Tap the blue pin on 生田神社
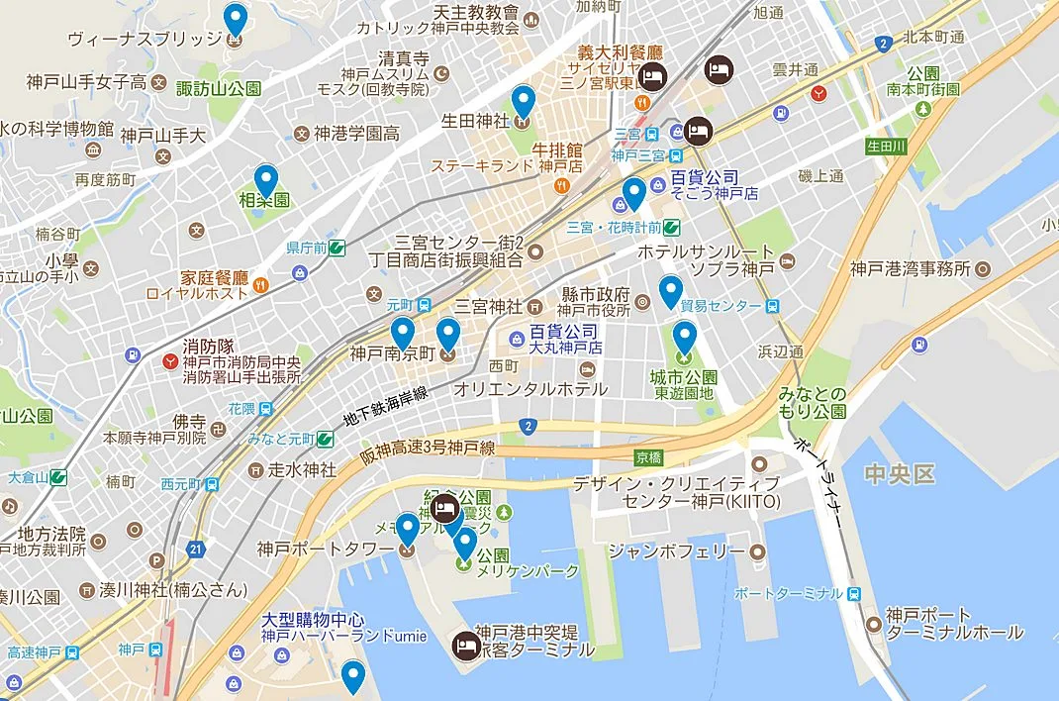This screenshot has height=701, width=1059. pos(524,101)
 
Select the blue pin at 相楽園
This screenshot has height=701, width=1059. pos(265,180)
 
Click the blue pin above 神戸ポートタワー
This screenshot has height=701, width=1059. pos(407,529)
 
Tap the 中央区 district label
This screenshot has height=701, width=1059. pos(898,474)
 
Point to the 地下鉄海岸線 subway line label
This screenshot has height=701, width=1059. pos(385,408)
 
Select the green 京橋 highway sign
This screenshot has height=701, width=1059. pos(648,457)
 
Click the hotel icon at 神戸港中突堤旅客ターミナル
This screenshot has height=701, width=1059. pos(463,645)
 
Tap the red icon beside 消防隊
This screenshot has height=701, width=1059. pos(169,360)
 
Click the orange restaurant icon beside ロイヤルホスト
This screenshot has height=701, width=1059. pos(260,284)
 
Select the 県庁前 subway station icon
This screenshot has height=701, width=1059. pos(337,248)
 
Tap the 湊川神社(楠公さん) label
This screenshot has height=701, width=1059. pos(173,590)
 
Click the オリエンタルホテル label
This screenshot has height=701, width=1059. pos(529,389)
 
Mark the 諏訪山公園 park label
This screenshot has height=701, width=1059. pos(219,89)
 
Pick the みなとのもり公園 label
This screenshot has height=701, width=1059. pos(813,402)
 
